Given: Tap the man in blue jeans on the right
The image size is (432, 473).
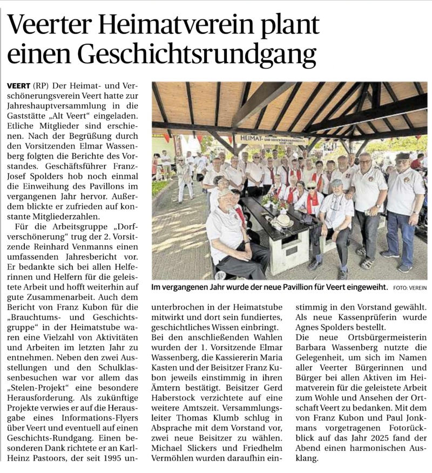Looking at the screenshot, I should point(402,210).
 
